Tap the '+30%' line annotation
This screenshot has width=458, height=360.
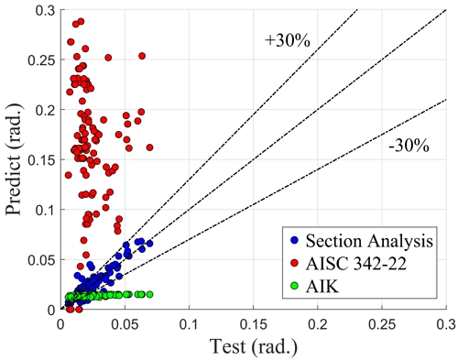pyautogui.click(x=280, y=40)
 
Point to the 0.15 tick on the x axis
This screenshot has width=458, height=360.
pyautogui.click(x=254, y=310)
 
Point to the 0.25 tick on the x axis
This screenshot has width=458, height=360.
pyautogui.click(x=382, y=310)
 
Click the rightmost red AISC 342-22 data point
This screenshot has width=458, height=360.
pyautogui.click(x=149, y=147)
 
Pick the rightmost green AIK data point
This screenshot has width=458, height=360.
pyautogui.click(x=149, y=294)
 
